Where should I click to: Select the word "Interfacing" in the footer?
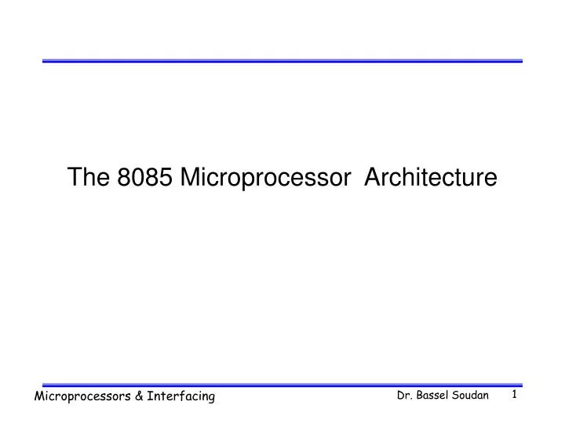coord(183,397)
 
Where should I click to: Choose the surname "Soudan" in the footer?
coord(472,396)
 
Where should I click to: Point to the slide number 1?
coord(515,396)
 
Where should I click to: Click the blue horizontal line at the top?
coord(282,60)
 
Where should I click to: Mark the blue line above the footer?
coord(282,385)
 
